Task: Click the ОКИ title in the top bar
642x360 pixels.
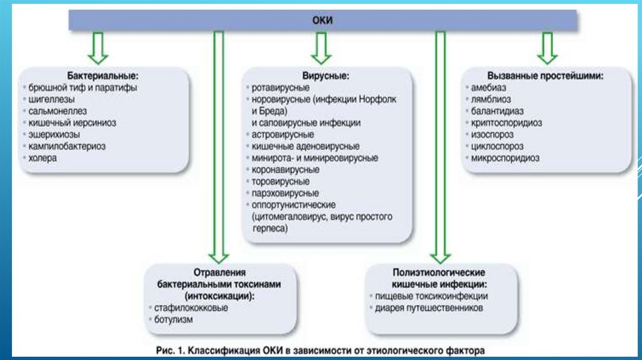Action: coord(322,21)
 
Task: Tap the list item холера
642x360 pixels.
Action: coord(43,158)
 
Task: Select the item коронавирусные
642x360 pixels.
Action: coord(285,169)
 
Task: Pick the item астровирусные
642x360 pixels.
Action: coord(283,134)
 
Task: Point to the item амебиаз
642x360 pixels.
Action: coord(488,87)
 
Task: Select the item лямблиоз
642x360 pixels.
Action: coord(491,99)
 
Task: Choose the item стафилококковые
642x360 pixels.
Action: coord(191,308)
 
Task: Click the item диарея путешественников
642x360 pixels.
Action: coord(429,308)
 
